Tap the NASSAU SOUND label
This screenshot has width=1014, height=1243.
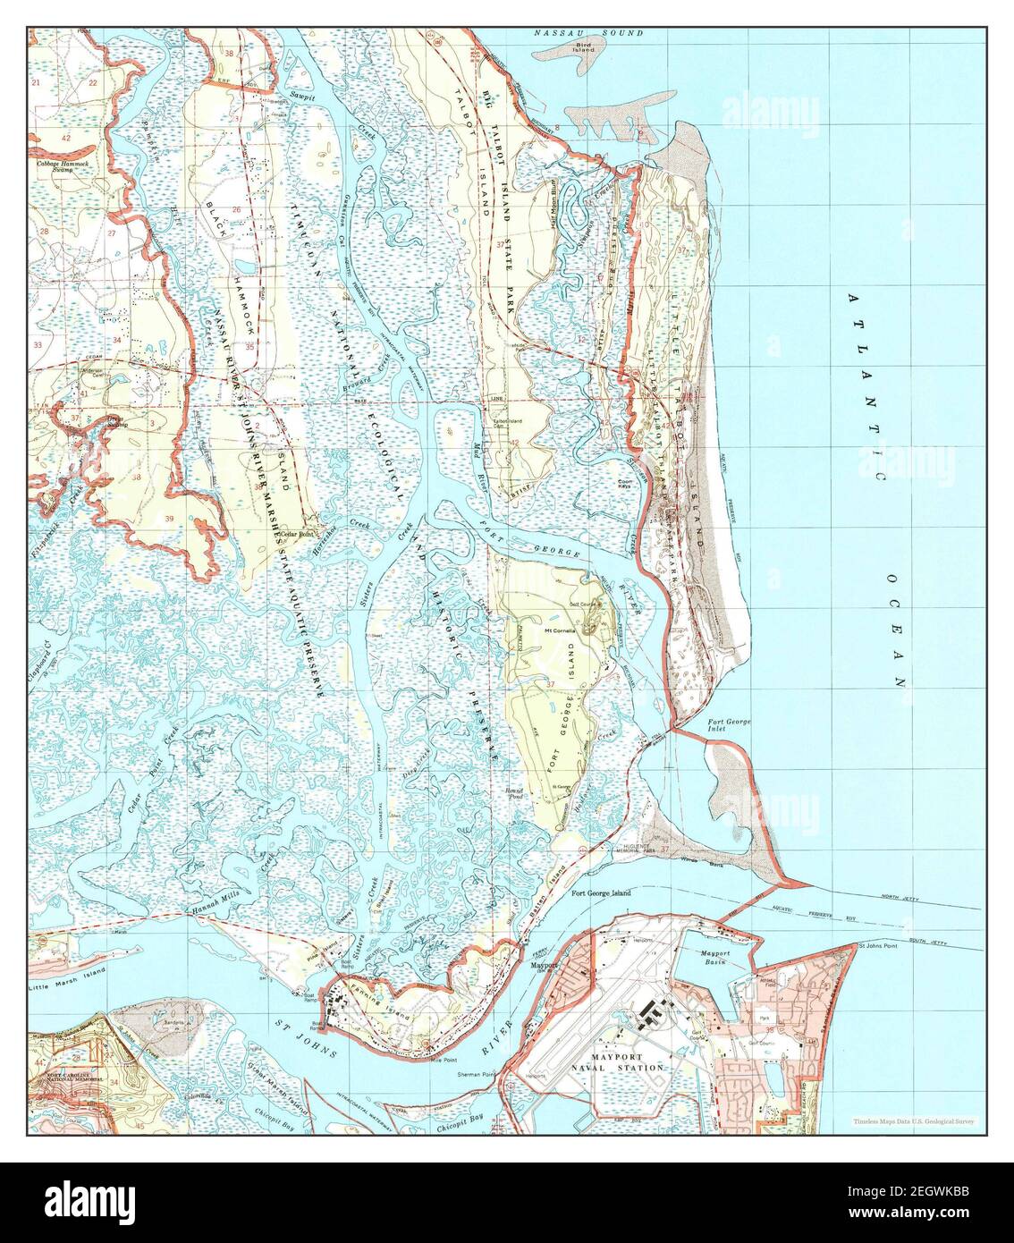pyautogui.click(x=588, y=33)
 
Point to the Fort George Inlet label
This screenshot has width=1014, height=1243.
pyautogui.click(x=729, y=724)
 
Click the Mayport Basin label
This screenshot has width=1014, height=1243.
pyautogui.click(x=714, y=958)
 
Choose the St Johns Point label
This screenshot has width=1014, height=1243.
pyautogui.click(x=878, y=946)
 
